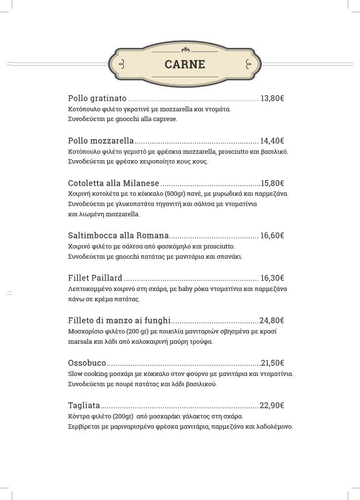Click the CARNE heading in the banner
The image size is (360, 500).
click(184, 64)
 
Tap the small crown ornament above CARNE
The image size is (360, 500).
click(184, 50)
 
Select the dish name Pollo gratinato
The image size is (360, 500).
click(97, 98)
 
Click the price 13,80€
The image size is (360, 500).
click(272, 98)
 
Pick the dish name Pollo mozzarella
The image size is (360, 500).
click(101, 141)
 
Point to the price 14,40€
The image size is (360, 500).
click(272, 141)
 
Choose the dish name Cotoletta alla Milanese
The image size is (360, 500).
click(114, 183)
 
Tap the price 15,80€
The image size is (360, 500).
click(272, 183)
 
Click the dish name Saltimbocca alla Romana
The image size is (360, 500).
click(119, 235)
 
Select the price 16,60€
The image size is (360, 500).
click(272, 235)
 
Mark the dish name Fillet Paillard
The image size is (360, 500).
click(95, 278)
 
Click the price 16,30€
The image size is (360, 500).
click(272, 278)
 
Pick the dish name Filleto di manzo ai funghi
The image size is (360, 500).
click(120, 320)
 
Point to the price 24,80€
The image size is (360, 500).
click(272, 320)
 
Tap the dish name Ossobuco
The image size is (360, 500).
click(87, 363)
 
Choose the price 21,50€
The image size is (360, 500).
click(272, 363)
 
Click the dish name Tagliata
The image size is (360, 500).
click(84, 405)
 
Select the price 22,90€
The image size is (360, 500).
click(272, 405)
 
